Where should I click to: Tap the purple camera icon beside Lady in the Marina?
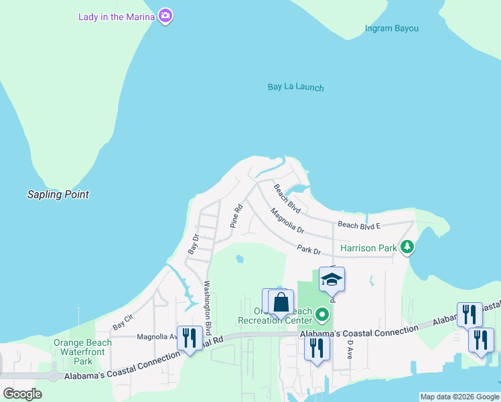(165, 16)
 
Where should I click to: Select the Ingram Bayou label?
(392, 28)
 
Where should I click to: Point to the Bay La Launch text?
(295, 87)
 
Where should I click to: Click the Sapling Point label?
(58, 194)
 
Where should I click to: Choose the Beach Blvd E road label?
(359, 225)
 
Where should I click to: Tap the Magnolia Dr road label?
(287, 221)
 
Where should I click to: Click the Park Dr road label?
(309, 250)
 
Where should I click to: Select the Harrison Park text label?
(368, 248)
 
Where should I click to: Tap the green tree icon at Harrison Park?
(407, 248)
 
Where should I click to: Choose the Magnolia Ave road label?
(157, 337)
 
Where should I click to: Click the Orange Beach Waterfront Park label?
(82, 352)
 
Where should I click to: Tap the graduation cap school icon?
(332, 279)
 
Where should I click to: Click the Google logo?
(22, 394)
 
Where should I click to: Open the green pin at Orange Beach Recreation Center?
(323, 314)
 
